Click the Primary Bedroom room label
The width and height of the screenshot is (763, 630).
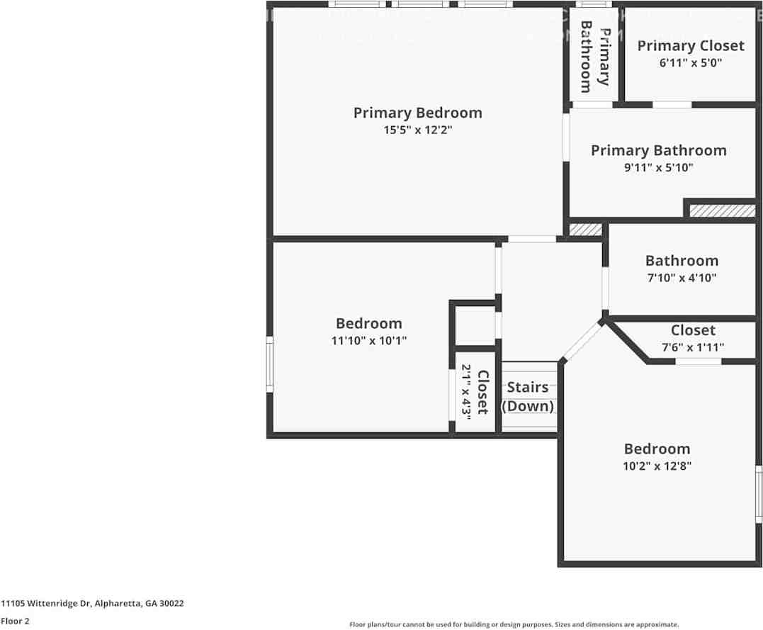pos(417,113)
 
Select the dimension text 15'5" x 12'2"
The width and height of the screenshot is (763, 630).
pos(417,130)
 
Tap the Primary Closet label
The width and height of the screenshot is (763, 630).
pos(690,46)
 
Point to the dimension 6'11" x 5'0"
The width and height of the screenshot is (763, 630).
pos(690,62)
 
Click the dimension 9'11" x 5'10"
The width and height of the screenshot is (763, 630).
pos(658,168)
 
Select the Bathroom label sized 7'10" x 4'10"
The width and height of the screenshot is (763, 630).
pos(681,261)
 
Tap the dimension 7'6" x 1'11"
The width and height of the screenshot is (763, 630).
pos(693,347)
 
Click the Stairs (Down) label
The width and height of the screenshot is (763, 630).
pos(528,397)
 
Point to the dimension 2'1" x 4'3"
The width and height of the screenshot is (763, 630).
pos(466,390)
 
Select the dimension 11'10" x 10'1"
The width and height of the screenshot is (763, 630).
pos(368,340)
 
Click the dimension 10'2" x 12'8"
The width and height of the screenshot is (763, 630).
pos(657,466)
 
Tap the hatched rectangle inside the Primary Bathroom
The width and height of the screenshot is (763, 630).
pos(722,211)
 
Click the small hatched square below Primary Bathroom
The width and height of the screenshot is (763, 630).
pos(586,230)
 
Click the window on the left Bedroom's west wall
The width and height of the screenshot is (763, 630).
pos(269,364)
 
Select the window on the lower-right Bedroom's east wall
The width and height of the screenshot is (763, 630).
pos(758,494)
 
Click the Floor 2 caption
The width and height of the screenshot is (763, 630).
pos(15,621)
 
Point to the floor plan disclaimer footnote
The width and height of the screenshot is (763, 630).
pos(514,624)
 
